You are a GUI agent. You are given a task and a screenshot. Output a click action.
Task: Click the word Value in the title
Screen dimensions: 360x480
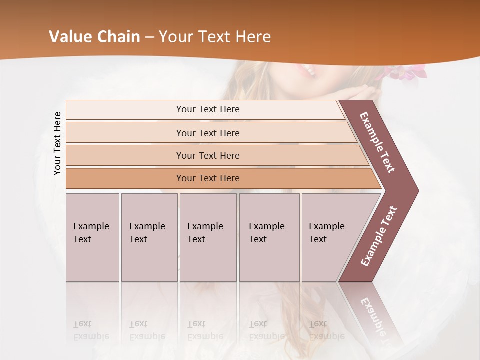69,37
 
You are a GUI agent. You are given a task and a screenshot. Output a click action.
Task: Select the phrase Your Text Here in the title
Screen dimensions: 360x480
215,37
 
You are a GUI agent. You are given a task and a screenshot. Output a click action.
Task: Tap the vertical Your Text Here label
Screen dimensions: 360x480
58,144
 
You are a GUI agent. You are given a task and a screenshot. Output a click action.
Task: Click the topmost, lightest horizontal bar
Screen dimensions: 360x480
208,109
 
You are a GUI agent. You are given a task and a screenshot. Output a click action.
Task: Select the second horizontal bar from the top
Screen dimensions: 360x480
208,133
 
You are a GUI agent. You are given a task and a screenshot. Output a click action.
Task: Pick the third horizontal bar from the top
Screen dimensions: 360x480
208,155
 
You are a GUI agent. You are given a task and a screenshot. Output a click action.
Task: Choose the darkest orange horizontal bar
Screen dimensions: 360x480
208,178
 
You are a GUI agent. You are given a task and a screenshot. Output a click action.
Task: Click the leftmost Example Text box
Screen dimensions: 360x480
92,237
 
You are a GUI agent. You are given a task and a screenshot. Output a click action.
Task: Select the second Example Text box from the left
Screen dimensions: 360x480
149,237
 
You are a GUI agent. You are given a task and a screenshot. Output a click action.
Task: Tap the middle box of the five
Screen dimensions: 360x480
208,237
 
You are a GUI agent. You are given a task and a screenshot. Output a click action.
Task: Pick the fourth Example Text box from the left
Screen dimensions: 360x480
269,237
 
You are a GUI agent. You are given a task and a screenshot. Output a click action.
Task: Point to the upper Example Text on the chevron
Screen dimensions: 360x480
378,142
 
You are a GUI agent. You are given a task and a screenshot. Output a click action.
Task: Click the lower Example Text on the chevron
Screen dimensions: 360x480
379,236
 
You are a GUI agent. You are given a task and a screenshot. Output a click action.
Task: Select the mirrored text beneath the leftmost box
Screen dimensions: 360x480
91,330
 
